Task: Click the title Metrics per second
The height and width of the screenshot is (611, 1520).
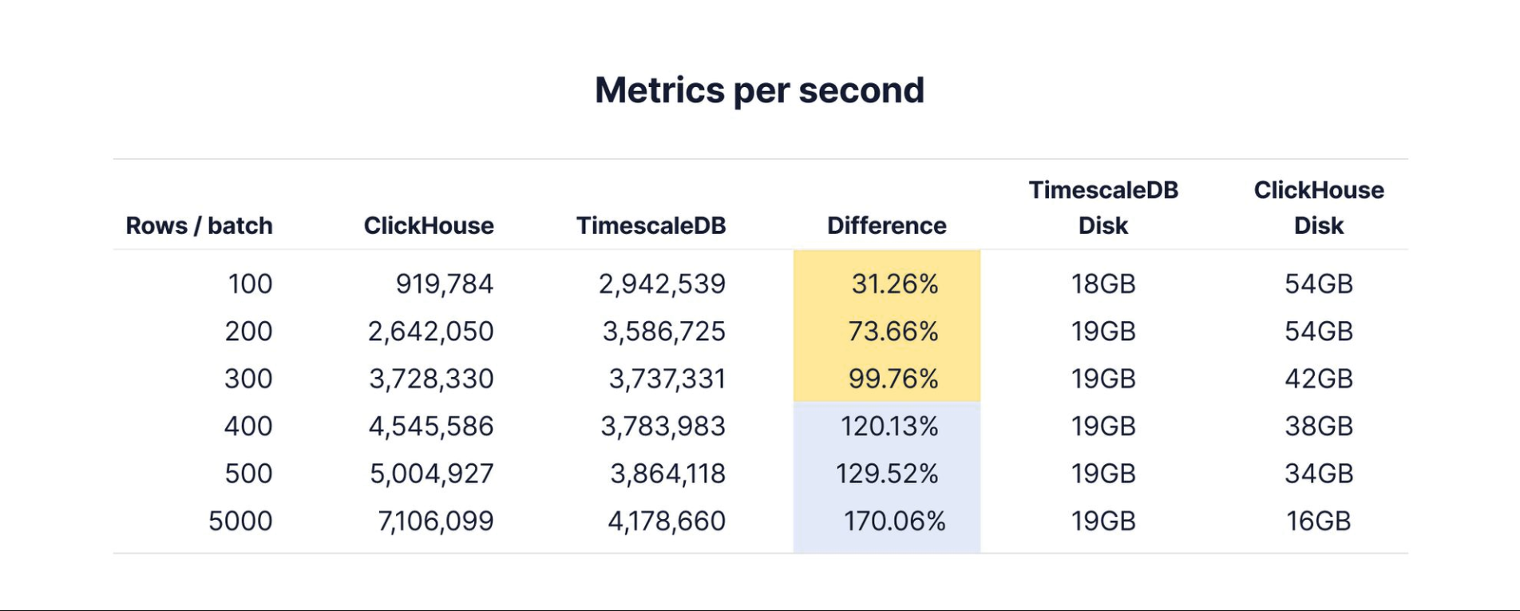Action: [x=759, y=90]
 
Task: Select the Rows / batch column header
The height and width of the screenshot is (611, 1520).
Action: [x=199, y=226]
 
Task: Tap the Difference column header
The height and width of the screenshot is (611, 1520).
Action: [x=886, y=226]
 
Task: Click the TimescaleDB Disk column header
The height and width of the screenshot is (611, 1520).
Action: [x=1103, y=208]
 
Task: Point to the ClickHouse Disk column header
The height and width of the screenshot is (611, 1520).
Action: [x=1318, y=208]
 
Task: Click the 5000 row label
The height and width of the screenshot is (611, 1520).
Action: [x=240, y=521]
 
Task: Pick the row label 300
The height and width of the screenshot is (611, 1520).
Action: [x=248, y=379]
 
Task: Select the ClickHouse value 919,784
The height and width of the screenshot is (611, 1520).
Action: [x=445, y=284]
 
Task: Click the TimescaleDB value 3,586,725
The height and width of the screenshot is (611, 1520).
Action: [x=663, y=331]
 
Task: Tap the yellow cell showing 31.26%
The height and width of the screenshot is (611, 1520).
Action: [x=894, y=284]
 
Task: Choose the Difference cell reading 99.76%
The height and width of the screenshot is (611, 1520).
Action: [x=893, y=379]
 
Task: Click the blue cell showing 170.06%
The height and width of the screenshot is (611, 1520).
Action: [x=894, y=521]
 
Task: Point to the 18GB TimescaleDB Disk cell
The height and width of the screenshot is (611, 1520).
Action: [x=1103, y=284]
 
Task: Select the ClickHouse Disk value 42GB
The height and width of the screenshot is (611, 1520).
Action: [x=1318, y=379]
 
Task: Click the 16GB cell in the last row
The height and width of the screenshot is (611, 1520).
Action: [x=1318, y=521]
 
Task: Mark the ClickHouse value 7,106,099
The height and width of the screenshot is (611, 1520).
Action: [x=436, y=521]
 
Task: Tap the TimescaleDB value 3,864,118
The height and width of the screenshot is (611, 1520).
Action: [x=667, y=474]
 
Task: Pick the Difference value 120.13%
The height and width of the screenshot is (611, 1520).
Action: [x=889, y=427]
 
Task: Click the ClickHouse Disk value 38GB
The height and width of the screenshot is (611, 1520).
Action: [x=1318, y=427]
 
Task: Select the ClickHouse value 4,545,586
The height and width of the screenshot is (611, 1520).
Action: [x=431, y=427]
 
